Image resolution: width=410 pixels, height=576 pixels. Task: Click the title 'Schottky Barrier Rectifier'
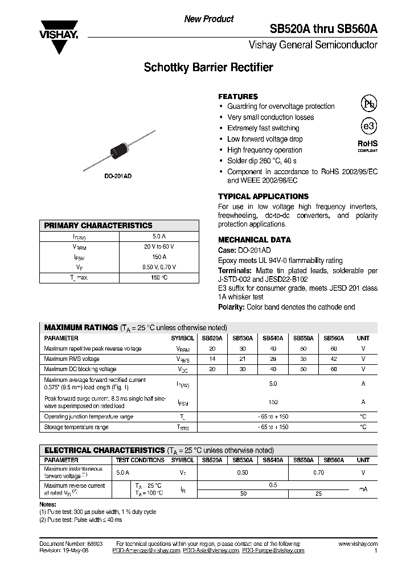tap(208, 68)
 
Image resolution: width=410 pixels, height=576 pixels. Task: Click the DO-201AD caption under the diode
tap(118, 176)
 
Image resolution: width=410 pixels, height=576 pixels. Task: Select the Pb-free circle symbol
tap(368, 103)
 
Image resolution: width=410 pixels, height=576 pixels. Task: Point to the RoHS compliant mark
tap(367, 146)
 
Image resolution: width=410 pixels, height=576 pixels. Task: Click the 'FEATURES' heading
tap(238, 97)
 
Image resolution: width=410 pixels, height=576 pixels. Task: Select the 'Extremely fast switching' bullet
tap(263, 128)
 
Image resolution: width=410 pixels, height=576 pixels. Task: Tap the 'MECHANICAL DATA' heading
tap(255, 240)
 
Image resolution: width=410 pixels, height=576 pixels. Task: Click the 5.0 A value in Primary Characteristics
tap(159, 236)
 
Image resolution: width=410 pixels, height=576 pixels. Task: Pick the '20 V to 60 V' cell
tap(159, 246)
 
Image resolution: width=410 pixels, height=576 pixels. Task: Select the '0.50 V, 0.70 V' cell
tap(159, 267)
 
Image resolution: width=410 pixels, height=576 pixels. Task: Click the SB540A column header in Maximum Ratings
tap(273, 338)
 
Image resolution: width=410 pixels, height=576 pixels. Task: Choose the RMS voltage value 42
tap(334, 359)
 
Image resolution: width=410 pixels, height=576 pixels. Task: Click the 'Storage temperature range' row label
tap(76, 427)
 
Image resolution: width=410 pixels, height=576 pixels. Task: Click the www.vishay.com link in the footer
tap(358, 544)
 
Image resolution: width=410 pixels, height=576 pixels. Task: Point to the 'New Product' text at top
tap(208, 19)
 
